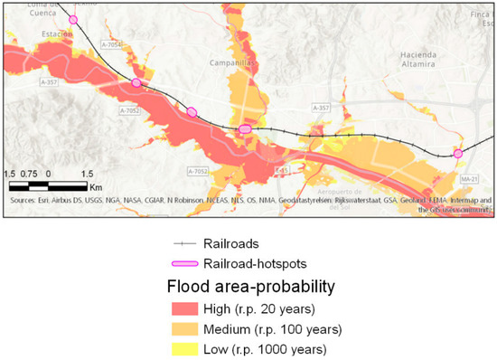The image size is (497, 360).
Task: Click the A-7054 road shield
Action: point(111,44)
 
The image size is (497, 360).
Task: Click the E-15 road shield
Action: point(281,169)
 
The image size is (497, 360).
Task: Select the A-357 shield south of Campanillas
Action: point(320,108)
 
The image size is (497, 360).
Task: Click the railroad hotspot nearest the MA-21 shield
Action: point(458,155)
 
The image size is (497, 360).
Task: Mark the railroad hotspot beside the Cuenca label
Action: point(73,19)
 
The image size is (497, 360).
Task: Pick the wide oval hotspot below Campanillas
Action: point(244,130)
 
